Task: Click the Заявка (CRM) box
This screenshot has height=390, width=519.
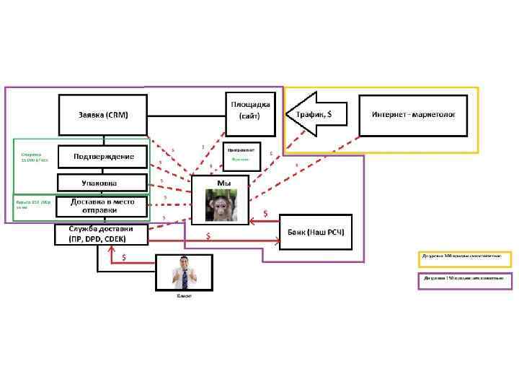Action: click(103, 115)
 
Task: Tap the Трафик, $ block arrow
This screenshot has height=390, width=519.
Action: click(316, 113)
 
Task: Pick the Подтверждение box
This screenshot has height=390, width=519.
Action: click(102, 156)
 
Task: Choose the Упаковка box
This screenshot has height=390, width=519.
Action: click(102, 182)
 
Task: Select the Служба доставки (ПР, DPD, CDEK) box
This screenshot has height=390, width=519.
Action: click(102, 235)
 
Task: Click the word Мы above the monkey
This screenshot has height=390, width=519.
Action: click(223, 183)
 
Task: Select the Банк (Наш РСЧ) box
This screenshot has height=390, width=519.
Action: click(315, 232)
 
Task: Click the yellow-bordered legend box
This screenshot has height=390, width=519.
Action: click(465, 259)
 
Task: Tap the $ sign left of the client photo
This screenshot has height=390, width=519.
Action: click(125, 256)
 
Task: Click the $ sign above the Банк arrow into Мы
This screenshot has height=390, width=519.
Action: click(265, 213)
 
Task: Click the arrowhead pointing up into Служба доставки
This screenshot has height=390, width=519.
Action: click(111, 248)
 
